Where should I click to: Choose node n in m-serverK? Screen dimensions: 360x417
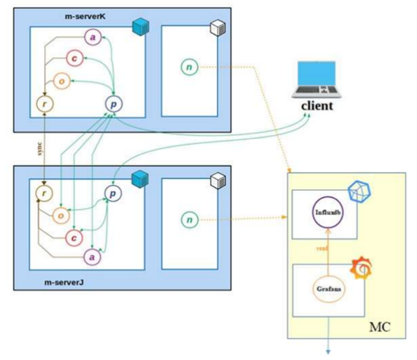point(188,67)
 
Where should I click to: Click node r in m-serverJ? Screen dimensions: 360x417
point(43,192)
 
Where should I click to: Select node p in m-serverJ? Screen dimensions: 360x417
point(113,192)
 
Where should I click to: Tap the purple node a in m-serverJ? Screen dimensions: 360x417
point(93,256)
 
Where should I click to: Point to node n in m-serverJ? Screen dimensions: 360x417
point(188,220)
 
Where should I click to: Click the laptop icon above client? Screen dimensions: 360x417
point(317,79)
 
